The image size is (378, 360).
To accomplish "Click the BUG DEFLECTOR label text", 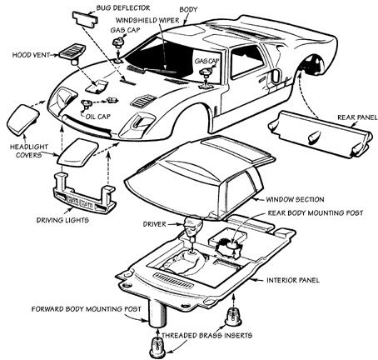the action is click(x=123, y=7).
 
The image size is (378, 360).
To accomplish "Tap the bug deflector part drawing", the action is click(x=85, y=18).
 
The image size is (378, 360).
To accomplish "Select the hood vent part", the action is click(x=72, y=52).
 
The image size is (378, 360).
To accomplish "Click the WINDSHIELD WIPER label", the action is click(x=147, y=20).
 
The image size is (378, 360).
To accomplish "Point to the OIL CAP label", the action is click(x=97, y=117).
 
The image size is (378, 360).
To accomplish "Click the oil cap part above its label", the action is click(x=87, y=104).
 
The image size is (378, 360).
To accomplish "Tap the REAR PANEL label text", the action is click(x=357, y=117).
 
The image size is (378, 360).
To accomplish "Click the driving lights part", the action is click(x=84, y=193).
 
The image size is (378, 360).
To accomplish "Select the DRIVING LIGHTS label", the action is click(x=62, y=220).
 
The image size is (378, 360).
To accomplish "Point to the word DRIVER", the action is click(x=154, y=224).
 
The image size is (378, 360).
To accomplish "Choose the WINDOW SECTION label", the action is click(x=295, y=199).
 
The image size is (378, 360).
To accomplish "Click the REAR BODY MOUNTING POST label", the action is click(x=316, y=213).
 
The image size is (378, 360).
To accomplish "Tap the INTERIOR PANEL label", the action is click(x=293, y=280).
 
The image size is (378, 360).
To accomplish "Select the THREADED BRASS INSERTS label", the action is click(x=206, y=335).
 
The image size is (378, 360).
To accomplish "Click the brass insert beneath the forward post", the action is click(x=157, y=347).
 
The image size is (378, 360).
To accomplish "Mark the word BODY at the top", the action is click(x=188, y=9).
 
